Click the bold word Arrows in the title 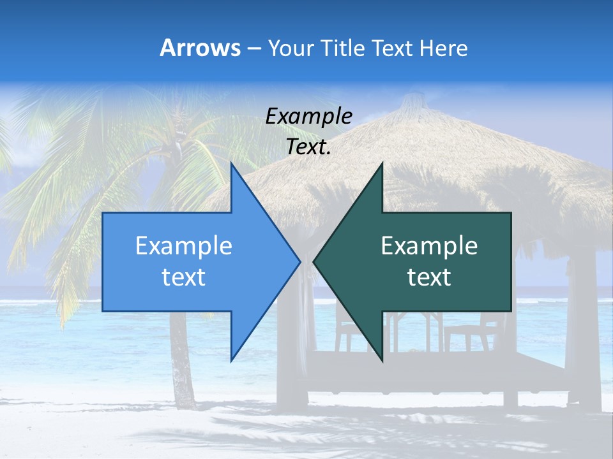click(x=201, y=48)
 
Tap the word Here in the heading click(x=443, y=48)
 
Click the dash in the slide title click(x=254, y=48)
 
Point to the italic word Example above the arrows click(x=309, y=116)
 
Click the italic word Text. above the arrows click(x=309, y=147)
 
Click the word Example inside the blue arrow click(x=184, y=246)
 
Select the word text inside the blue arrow click(x=184, y=277)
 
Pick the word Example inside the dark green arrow click(x=429, y=246)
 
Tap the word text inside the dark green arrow click(x=429, y=277)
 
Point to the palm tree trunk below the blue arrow click(x=182, y=376)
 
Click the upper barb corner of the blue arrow click(x=231, y=163)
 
